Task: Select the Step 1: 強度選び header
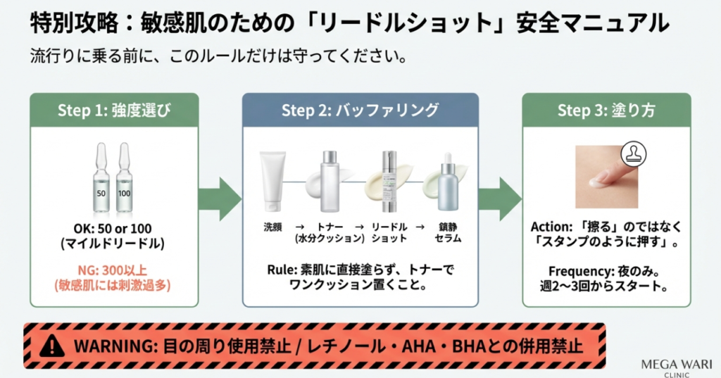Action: tap(114, 111)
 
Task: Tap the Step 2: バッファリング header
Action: tap(360, 111)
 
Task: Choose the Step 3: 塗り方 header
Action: tap(606, 111)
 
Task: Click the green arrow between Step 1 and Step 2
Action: tap(220, 199)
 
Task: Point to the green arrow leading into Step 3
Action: tap(500, 199)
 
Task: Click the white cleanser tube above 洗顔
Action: tap(272, 181)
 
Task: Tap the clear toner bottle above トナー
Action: tap(330, 182)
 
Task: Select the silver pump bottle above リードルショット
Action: tap(389, 181)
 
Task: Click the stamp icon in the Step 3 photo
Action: tap(634, 154)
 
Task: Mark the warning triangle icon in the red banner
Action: tap(52, 346)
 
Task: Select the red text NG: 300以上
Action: tap(113, 270)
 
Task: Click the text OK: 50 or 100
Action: tap(113, 229)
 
